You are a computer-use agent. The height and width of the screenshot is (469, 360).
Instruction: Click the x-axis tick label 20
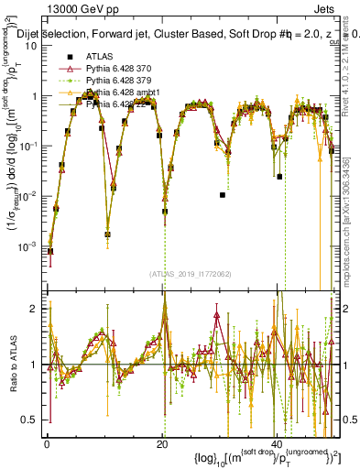point(162,442)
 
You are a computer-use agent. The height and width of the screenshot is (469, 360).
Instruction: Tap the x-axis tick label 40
point(278,442)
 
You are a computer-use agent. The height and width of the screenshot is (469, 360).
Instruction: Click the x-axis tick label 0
point(47,442)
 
